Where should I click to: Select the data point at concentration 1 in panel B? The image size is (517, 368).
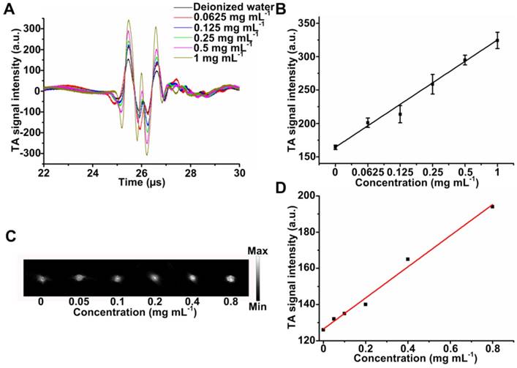[497, 40]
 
